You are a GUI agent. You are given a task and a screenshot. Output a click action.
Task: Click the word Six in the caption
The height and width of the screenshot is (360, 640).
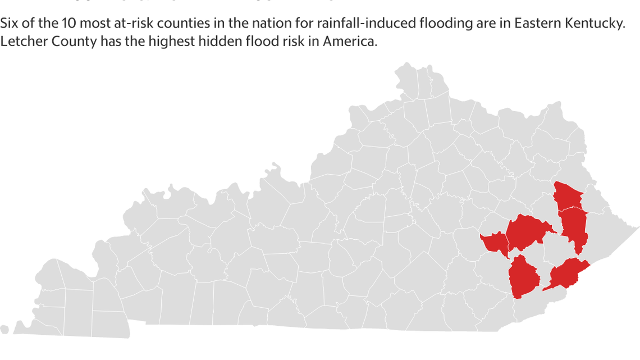click(x=10, y=25)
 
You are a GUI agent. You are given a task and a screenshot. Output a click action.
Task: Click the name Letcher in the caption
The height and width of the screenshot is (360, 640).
click(x=21, y=43)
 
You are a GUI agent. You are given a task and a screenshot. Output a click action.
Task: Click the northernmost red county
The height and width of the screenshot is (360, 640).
click(x=568, y=195)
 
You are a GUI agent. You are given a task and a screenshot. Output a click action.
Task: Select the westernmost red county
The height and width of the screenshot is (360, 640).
click(x=495, y=243)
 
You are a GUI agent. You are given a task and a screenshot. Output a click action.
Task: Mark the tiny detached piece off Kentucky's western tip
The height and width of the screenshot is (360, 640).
click(x=4, y=329)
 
